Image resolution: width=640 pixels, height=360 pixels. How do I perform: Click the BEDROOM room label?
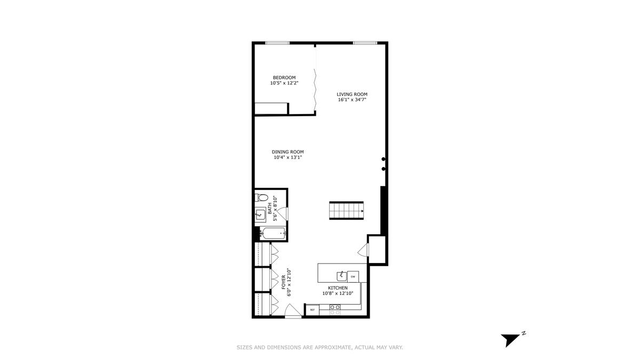(284, 77)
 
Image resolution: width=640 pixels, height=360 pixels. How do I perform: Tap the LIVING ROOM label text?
(351, 94)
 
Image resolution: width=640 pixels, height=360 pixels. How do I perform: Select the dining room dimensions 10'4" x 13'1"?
(287, 157)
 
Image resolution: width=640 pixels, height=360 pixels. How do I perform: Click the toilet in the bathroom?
(261, 197)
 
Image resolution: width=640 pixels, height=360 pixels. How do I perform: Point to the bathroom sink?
(260, 214)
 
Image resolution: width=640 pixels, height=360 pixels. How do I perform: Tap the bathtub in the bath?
(273, 234)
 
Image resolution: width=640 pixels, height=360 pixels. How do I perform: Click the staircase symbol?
(346, 211)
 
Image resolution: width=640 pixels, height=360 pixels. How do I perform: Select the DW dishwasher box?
(353, 277)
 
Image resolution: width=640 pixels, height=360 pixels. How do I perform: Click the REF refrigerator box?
(313, 310)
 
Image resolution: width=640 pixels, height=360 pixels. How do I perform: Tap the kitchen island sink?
(341, 276)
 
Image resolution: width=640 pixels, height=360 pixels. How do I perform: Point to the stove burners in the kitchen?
(335, 310)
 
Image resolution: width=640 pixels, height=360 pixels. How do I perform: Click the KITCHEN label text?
(338, 288)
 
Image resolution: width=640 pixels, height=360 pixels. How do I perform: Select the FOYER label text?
(284, 282)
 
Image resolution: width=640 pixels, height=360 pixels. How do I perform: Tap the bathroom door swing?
(283, 214)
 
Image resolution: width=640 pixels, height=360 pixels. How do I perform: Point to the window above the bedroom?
(277, 43)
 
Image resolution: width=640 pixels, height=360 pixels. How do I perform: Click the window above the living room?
(365, 43)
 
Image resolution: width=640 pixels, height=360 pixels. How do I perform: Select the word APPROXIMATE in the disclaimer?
(333, 347)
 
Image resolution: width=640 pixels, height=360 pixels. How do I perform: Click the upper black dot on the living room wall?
(383, 159)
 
